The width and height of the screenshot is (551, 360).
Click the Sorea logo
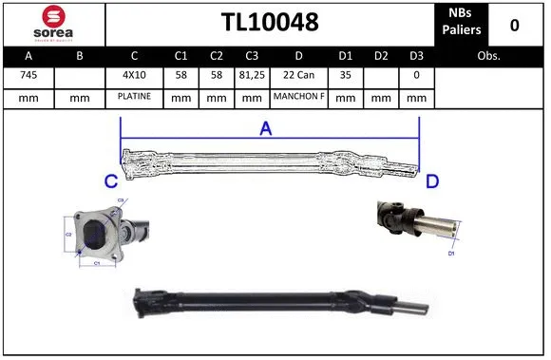(x=53, y=23)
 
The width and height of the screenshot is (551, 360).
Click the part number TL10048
(x=269, y=23)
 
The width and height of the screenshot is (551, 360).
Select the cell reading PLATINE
(x=134, y=97)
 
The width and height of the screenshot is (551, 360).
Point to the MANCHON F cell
(x=298, y=97)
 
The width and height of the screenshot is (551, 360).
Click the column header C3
(x=251, y=56)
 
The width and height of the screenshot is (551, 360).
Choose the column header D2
(x=381, y=56)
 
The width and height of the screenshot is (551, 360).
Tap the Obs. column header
(x=488, y=56)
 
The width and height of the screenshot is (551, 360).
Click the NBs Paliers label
(x=462, y=23)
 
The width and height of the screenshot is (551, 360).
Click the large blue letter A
(x=265, y=129)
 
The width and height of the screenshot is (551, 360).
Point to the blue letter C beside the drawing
(x=110, y=180)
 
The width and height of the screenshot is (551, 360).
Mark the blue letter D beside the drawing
(x=431, y=180)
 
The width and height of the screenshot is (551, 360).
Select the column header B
(x=80, y=56)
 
